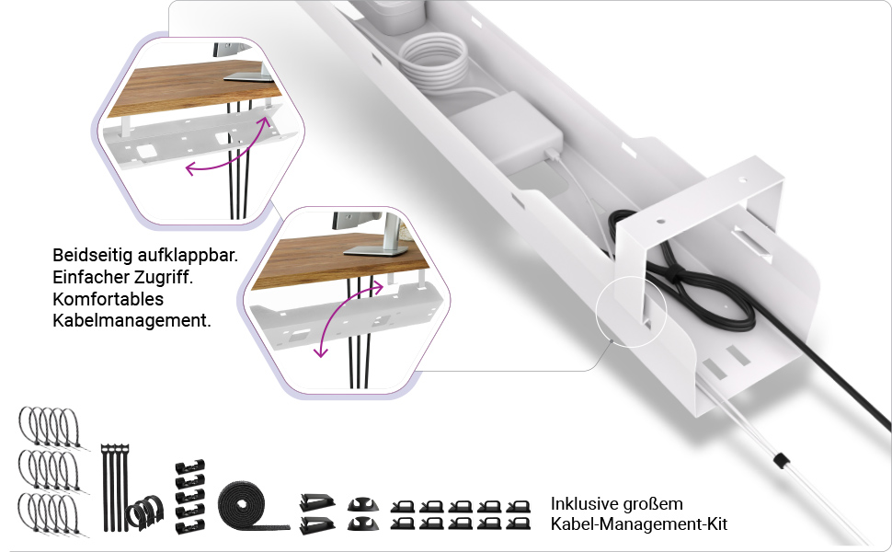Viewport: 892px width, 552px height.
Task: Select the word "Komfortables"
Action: point(108,300)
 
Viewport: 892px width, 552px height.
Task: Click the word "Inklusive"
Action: point(585,504)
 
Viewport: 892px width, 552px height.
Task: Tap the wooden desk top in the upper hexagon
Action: point(184,92)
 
